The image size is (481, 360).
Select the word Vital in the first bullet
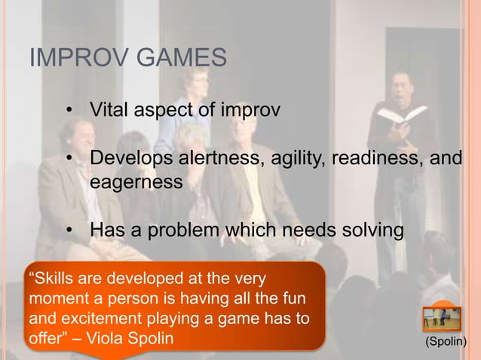point(109,112)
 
